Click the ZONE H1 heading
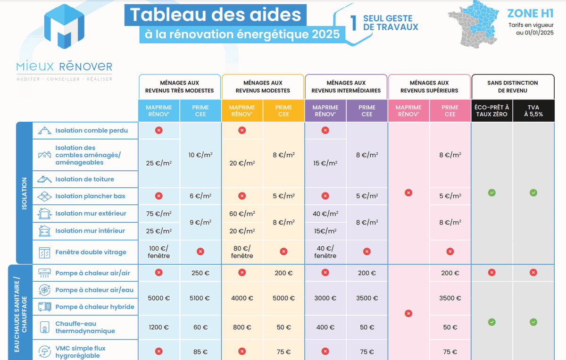[530, 13]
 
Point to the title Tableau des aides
[216, 15]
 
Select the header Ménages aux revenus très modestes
[179, 87]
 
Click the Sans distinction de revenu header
[513, 87]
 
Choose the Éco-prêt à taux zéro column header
[492, 111]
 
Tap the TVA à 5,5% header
[533, 111]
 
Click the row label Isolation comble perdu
[92, 131]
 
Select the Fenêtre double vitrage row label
[91, 252]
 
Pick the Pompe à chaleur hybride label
[94, 307]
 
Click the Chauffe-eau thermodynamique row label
[85, 327]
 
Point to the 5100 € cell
[200, 298]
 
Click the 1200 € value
[159, 327]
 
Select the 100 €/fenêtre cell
[159, 252]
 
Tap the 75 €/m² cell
[159, 213]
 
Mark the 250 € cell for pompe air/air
[200, 273]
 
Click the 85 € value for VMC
[200, 352]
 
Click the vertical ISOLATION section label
[25, 193]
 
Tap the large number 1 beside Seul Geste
[353, 23]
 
